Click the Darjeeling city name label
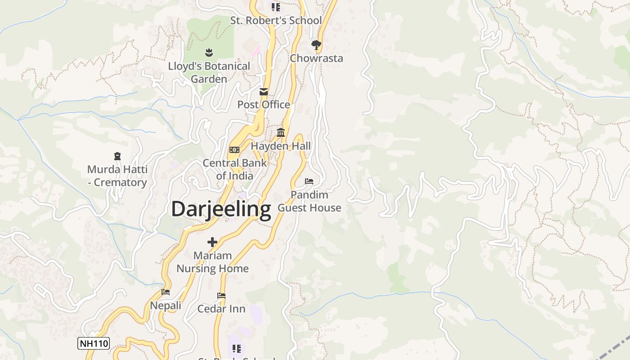click(x=221, y=209)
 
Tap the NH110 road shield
click(x=94, y=343)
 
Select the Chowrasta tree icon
click(x=316, y=45)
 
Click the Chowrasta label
click(x=316, y=58)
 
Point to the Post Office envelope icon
click(x=264, y=92)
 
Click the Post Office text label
click(x=264, y=104)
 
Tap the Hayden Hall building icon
click(x=281, y=132)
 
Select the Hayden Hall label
click(x=281, y=146)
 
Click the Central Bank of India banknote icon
click(x=234, y=150)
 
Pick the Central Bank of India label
click(x=234, y=169)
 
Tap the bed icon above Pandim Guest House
click(x=309, y=181)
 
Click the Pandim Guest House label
click(x=309, y=201)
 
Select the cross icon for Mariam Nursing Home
click(x=212, y=242)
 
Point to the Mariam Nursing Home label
click(x=212, y=262)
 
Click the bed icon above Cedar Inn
click(x=221, y=296)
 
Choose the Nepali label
click(x=166, y=306)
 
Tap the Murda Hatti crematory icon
click(x=117, y=156)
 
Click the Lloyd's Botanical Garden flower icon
click(x=209, y=53)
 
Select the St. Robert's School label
click(x=276, y=20)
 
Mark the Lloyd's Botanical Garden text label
click(x=209, y=72)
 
